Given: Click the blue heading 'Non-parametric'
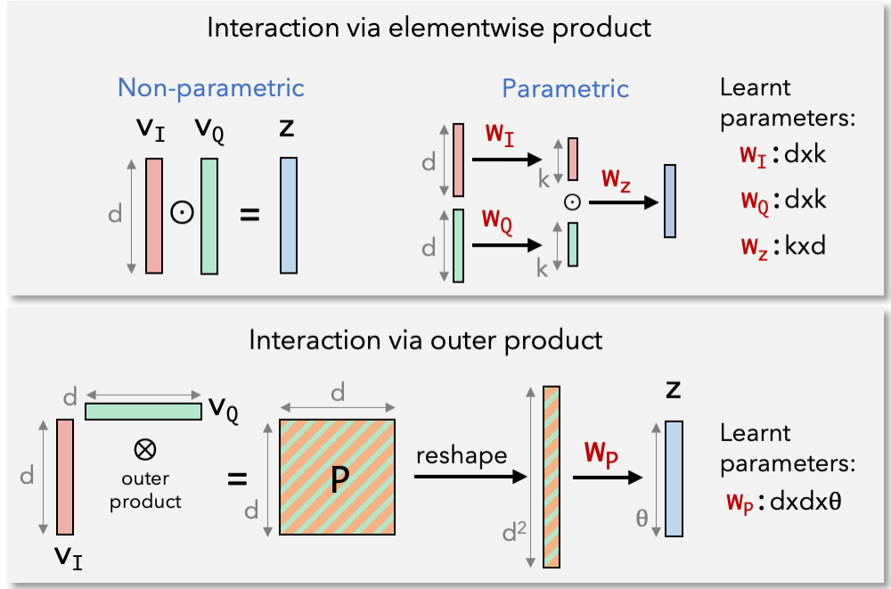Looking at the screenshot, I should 211,88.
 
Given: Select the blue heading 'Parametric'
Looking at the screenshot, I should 565,89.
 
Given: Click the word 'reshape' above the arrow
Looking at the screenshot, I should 461,455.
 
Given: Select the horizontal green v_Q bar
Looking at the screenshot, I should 143,411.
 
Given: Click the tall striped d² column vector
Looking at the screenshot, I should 552,477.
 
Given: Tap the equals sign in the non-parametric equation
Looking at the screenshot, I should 250,216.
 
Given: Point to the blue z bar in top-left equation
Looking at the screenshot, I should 288,215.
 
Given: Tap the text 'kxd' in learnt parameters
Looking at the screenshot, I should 805,245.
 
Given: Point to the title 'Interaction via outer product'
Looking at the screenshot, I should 426,340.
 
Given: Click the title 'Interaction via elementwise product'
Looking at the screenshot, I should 429,27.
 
